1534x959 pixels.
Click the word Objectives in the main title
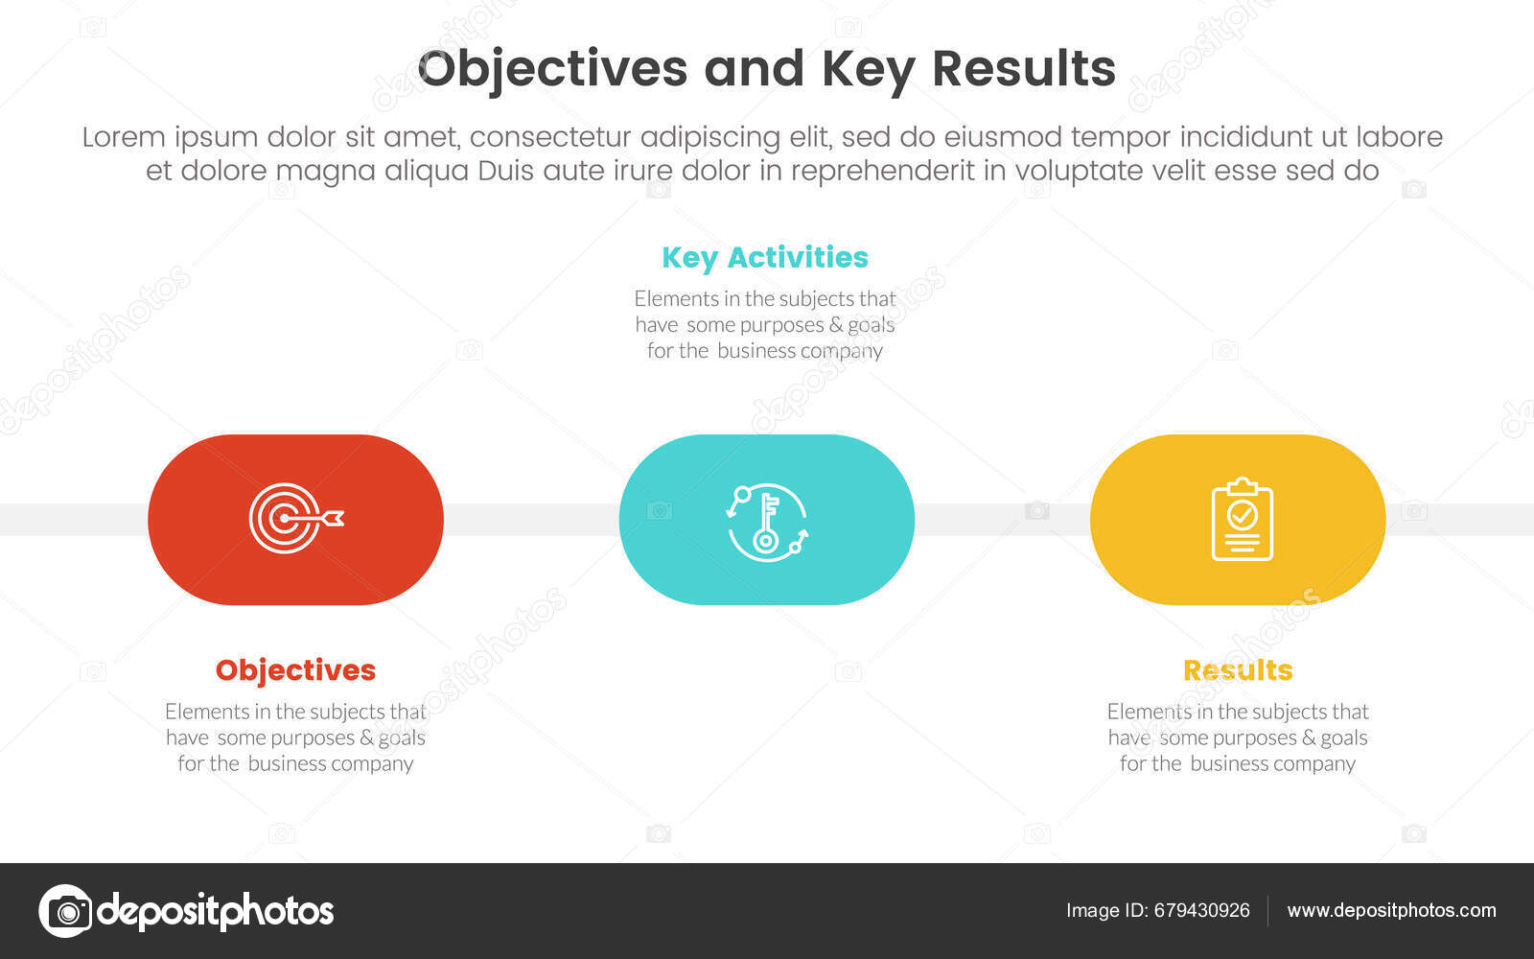[552, 69]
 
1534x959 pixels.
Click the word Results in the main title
[1023, 69]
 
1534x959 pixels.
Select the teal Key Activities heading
[764, 257]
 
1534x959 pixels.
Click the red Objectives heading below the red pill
[295, 669]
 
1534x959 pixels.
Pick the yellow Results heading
[1237, 669]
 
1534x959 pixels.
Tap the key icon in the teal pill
[766, 521]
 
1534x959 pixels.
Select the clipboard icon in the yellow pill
[1242, 520]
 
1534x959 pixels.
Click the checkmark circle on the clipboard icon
[1242, 515]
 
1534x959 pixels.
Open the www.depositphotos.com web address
[1391, 910]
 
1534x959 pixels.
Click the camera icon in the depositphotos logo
[65, 910]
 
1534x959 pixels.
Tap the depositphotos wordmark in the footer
[216, 910]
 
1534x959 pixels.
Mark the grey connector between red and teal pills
[531, 520]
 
